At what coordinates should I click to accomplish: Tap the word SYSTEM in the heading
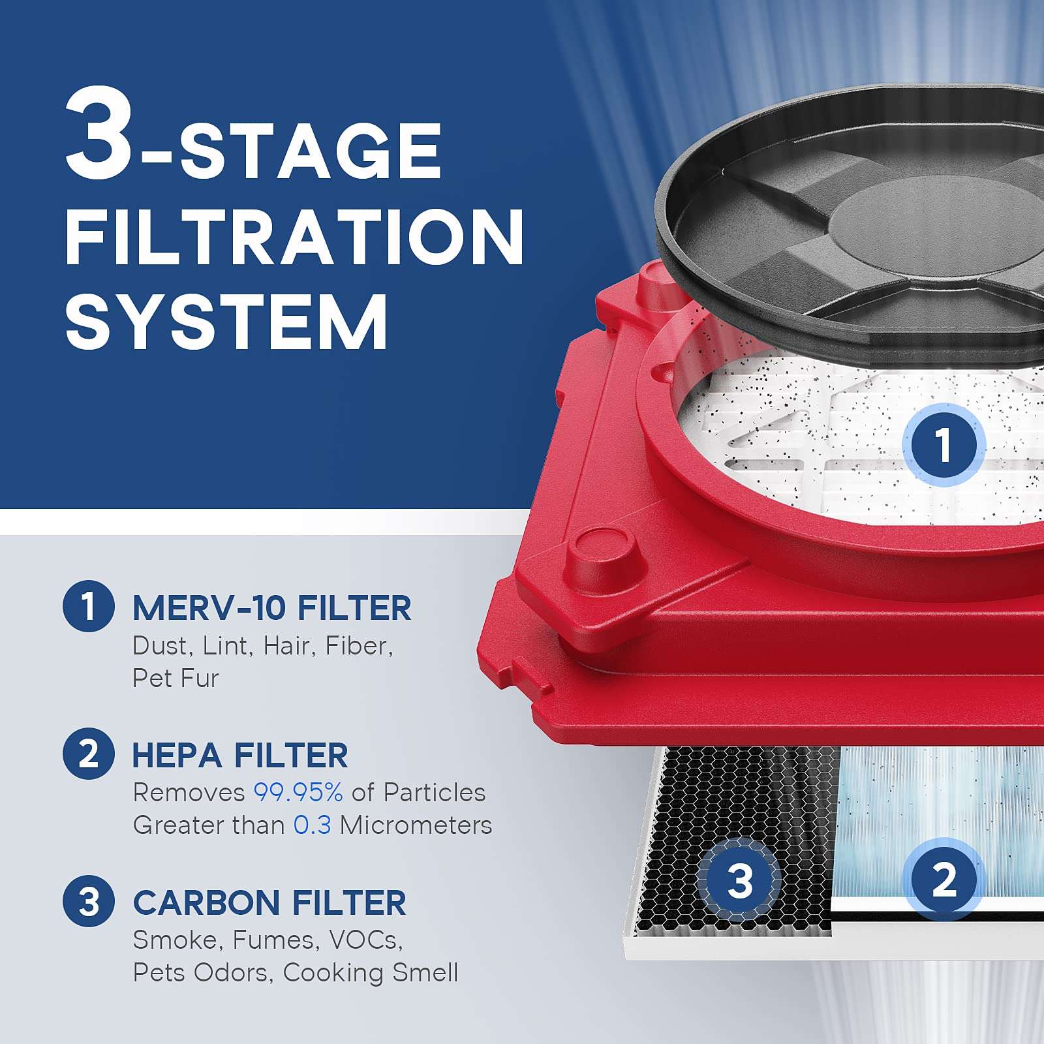pyautogui.click(x=226, y=322)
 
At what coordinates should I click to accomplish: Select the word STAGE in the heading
pyautogui.click(x=311, y=151)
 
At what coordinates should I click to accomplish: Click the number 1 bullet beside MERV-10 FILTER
pyautogui.click(x=89, y=606)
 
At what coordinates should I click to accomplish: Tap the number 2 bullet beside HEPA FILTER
pyautogui.click(x=89, y=754)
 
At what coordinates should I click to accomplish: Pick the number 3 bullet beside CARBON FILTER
pyautogui.click(x=89, y=902)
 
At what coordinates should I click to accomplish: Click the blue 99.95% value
pyautogui.click(x=298, y=792)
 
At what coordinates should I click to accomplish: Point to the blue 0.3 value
pyautogui.click(x=312, y=825)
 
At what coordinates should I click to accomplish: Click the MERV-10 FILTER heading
pyautogui.click(x=271, y=608)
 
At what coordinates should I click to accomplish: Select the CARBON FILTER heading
pyautogui.click(x=269, y=903)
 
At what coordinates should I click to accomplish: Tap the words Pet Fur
pyautogui.click(x=175, y=679)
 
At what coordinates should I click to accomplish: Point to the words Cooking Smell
pyautogui.click(x=370, y=972)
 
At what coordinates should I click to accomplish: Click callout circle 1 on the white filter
pyautogui.click(x=943, y=444)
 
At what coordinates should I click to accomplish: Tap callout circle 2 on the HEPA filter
pyautogui.click(x=943, y=879)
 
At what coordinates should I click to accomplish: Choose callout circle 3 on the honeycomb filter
pyautogui.click(x=739, y=880)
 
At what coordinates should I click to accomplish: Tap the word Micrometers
pyautogui.click(x=416, y=825)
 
